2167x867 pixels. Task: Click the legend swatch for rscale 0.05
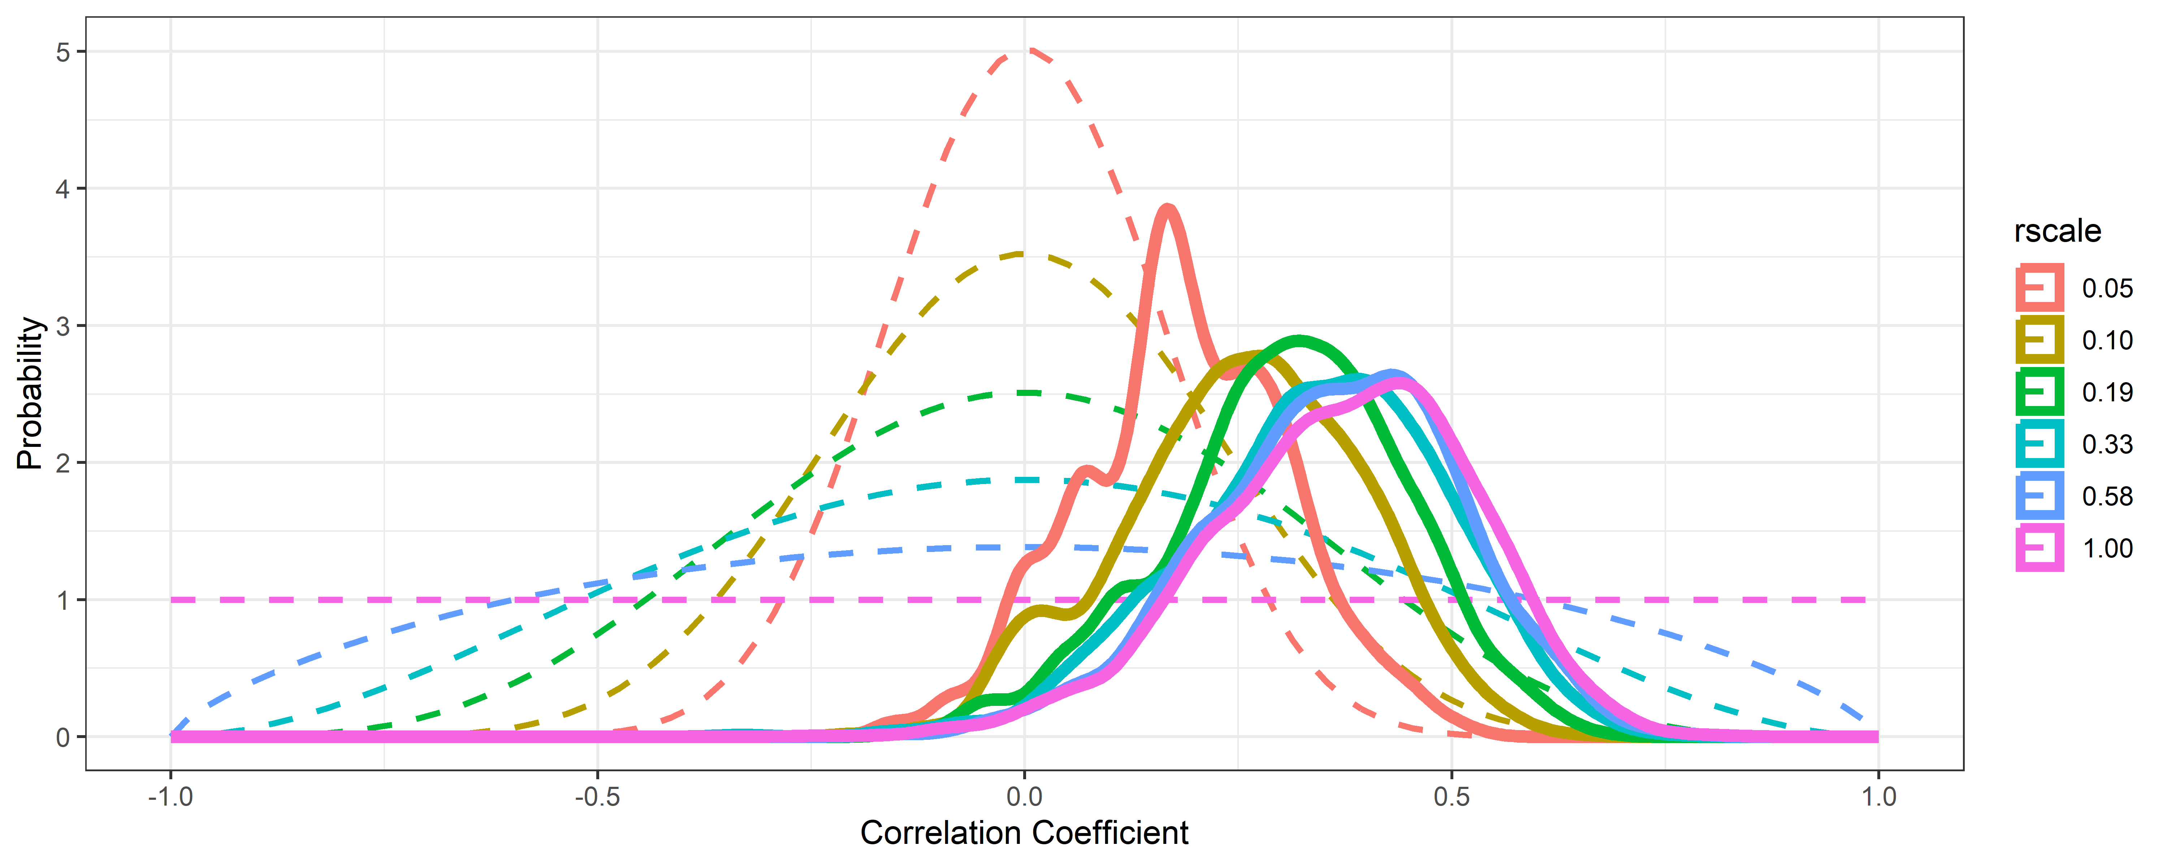point(2039,288)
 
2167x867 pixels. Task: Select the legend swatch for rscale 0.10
point(2039,340)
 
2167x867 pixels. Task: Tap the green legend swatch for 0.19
point(2039,392)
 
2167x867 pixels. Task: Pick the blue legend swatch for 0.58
point(2039,496)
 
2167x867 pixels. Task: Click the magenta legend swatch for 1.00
point(2039,548)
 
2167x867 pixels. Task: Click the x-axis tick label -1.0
point(171,796)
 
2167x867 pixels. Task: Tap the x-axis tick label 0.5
point(1451,796)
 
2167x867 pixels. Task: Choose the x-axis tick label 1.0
point(1878,796)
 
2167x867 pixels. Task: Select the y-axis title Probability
point(30,393)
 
